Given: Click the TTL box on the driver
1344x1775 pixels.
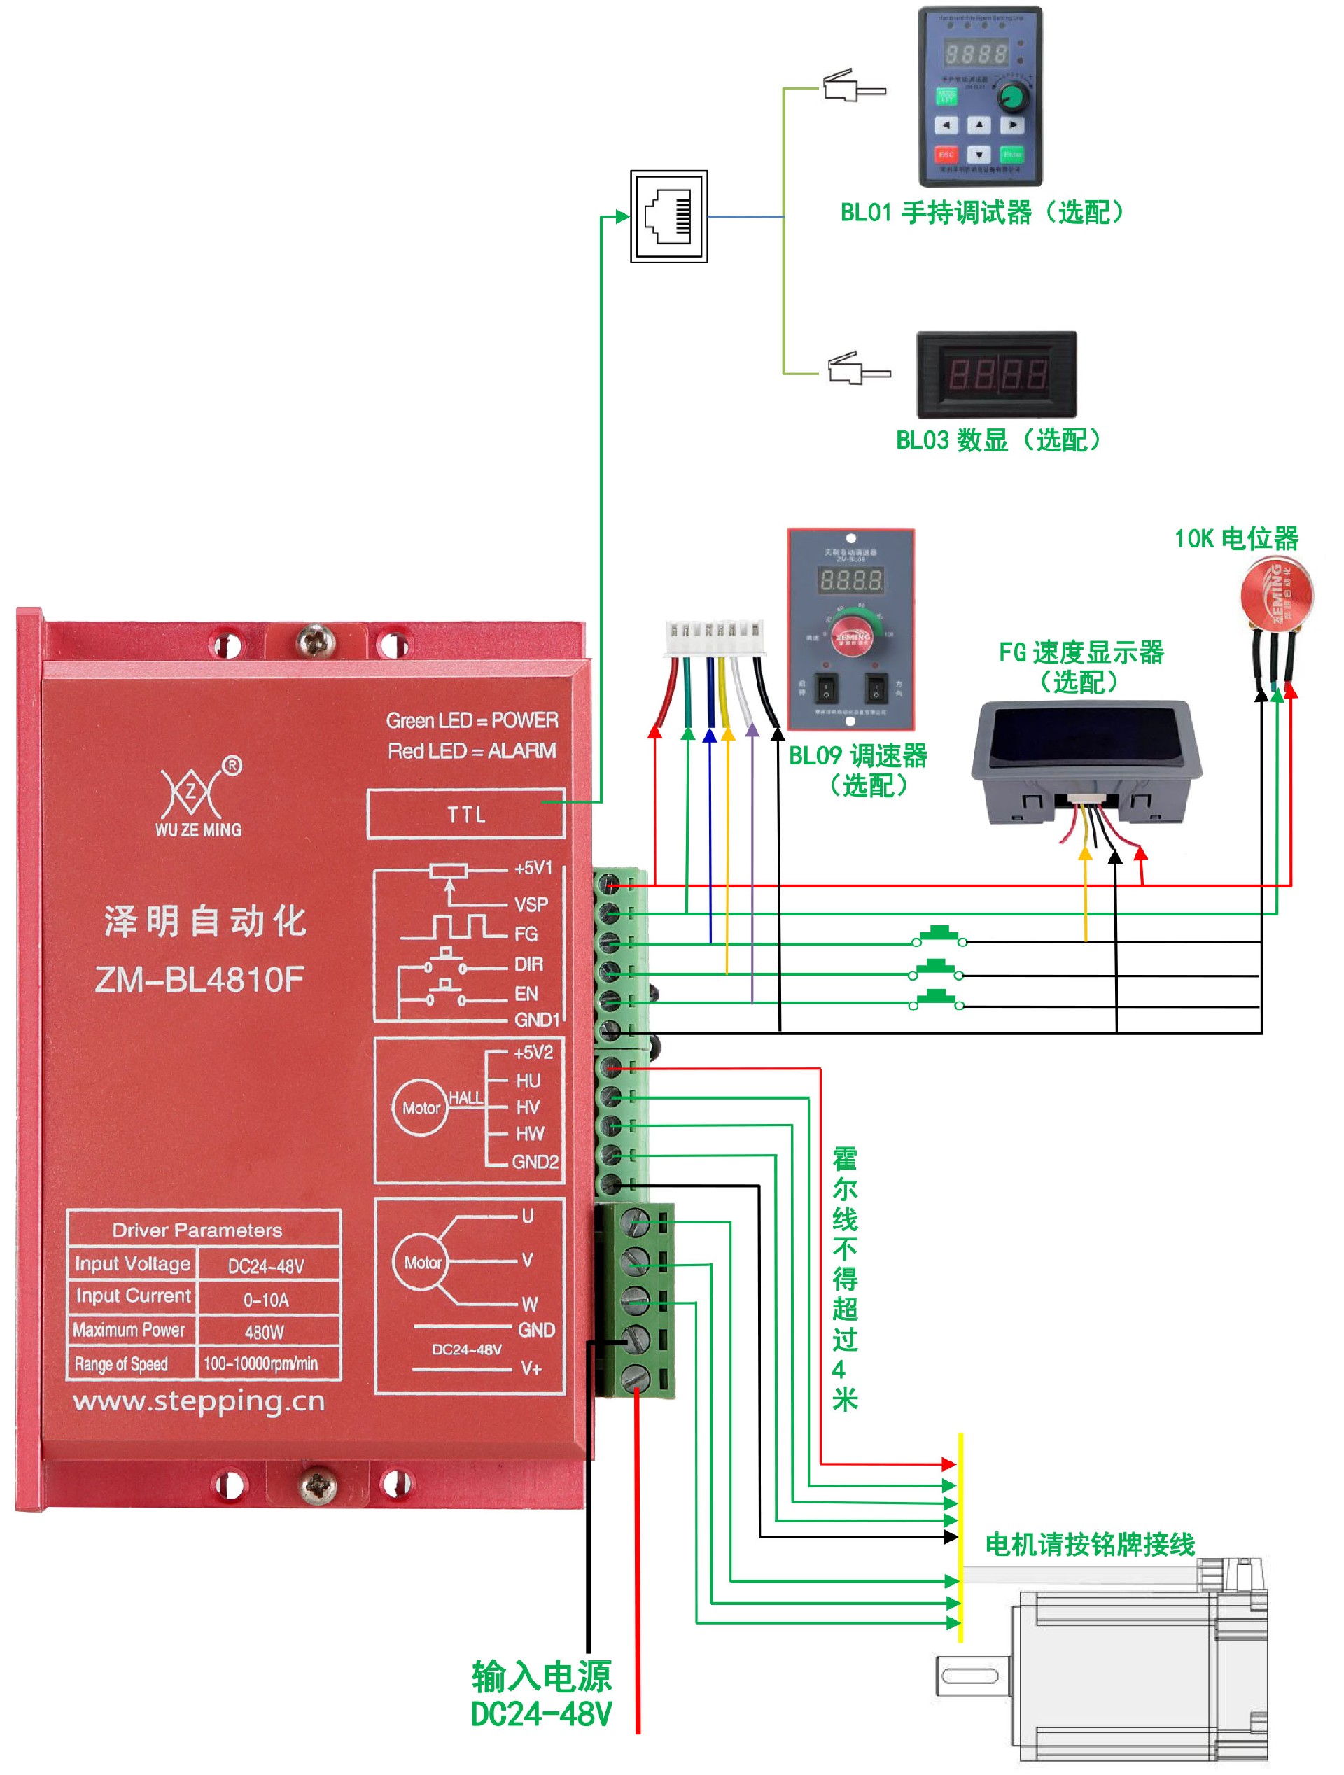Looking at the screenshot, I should coord(465,815).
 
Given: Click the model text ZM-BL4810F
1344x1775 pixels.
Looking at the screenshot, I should coord(199,979).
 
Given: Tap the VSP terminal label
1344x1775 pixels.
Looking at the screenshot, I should coord(531,904).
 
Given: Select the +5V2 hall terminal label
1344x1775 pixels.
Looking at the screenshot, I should coord(533,1052).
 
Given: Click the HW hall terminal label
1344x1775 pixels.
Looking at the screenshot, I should coord(530,1134).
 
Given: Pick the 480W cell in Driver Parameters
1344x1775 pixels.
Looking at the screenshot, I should coord(265,1332).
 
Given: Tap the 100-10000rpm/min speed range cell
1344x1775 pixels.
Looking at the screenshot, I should coord(261,1363).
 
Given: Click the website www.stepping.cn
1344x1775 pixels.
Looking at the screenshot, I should coord(199,1402).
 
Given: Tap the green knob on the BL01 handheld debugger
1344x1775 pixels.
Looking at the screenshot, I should coord(1013,97).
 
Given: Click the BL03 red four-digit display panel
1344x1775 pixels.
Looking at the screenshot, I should coord(997,374).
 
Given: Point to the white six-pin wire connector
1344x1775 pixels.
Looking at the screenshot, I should coord(713,640).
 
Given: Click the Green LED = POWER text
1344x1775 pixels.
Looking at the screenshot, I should coord(472,721).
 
